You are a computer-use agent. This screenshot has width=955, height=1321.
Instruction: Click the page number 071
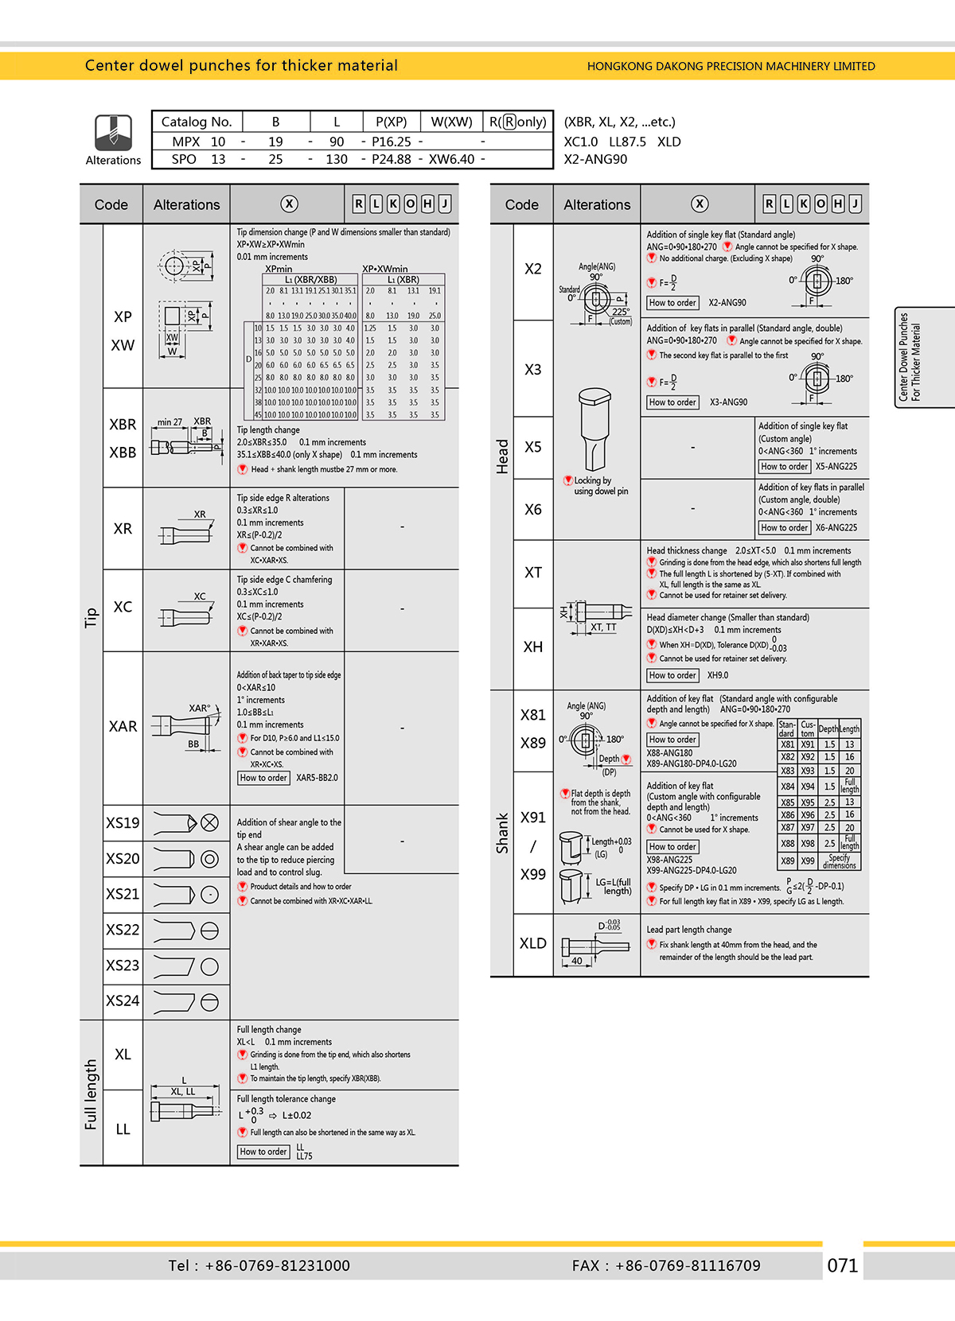842,1265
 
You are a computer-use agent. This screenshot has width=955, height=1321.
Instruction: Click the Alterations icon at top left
113,133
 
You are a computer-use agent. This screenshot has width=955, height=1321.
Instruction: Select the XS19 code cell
123,823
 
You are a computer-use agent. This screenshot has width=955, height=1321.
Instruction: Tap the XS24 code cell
123,1000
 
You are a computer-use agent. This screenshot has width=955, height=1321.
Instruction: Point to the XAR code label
123,726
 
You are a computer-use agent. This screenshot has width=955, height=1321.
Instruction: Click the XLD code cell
533,943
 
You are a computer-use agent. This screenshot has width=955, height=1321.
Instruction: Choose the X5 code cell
533,447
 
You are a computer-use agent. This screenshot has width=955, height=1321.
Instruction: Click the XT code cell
533,573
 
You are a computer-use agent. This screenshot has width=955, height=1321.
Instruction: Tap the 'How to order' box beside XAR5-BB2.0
263,778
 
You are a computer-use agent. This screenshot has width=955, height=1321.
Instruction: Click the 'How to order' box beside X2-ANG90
672,303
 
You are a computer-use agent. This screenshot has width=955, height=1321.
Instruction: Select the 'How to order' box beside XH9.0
672,675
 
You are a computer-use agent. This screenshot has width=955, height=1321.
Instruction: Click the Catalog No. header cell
197,122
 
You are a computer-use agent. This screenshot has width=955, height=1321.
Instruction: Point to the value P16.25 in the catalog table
392,142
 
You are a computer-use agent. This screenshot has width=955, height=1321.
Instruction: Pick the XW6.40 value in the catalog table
451,159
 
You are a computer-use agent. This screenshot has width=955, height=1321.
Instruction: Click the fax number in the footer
666,1265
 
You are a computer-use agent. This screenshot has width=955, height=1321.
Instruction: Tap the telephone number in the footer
259,1265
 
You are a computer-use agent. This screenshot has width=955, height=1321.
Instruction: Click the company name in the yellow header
731,66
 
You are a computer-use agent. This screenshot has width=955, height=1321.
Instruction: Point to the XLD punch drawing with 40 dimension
589,946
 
